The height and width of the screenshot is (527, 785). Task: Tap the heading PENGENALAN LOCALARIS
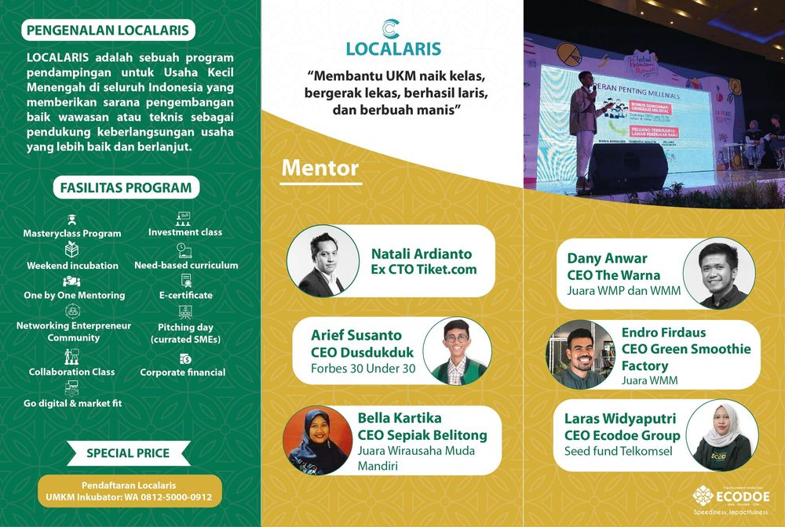pos(108,31)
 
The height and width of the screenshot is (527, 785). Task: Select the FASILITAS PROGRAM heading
pos(126,187)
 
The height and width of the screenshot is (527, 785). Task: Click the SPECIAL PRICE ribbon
pos(128,452)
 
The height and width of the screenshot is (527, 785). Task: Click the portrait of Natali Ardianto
pos(318,260)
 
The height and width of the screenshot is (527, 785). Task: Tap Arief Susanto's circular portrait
pos(457,350)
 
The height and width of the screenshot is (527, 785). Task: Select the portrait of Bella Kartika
pos(318,440)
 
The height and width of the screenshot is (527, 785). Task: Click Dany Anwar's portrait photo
pos(718,274)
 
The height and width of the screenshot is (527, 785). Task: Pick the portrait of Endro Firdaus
pos(581,354)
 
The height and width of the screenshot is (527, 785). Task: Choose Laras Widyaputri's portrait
pos(721,435)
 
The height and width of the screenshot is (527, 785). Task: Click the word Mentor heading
pos(319,168)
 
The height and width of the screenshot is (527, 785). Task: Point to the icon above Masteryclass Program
pos(71,220)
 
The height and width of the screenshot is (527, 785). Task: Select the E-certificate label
pos(185,295)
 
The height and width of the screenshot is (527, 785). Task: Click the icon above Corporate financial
pos(185,358)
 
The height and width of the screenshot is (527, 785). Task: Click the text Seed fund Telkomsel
pos(615,452)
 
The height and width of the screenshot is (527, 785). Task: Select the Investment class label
pos(185,232)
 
